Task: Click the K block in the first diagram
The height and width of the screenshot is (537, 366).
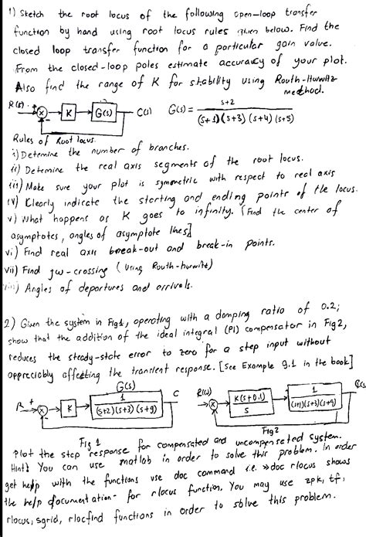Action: tap(69, 114)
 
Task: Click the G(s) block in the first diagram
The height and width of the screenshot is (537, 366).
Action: tap(104, 114)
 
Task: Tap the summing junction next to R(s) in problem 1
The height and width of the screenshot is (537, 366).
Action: tap(42, 114)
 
